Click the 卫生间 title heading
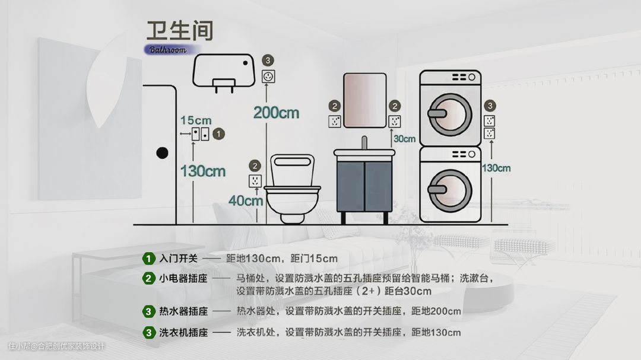[x=180, y=30]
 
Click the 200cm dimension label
[x=277, y=113]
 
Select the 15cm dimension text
[x=196, y=120]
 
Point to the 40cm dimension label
[x=245, y=200]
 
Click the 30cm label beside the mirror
[x=404, y=139]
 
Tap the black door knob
[x=162, y=153]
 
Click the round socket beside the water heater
[x=268, y=77]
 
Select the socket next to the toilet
[x=255, y=181]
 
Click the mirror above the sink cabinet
[x=364, y=100]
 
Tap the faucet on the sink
[x=364, y=142]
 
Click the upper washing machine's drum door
[x=450, y=114]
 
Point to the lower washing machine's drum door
[x=450, y=190]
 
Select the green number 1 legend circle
[x=148, y=259]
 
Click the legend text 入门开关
[x=178, y=259]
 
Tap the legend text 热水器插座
[x=183, y=311]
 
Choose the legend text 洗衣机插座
[x=183, y=333]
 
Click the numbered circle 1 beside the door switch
[x=218, y=133]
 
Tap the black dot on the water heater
[x=245, y=63]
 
